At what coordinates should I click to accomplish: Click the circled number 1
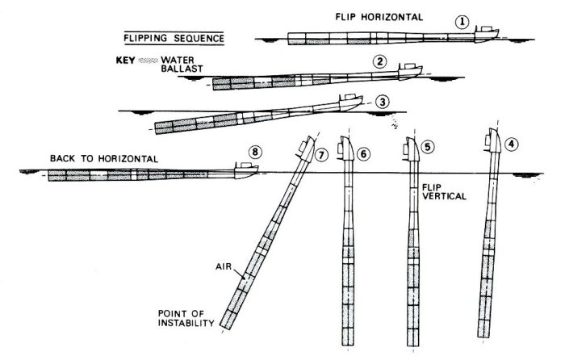click(461, 23)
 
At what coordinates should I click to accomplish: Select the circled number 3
click(383, 102)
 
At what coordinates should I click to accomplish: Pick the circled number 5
click(428, 147)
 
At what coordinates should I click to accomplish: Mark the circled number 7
click(322, 152)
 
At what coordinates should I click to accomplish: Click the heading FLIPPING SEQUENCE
click(174, 38)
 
